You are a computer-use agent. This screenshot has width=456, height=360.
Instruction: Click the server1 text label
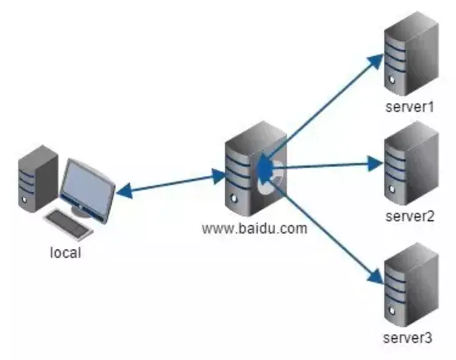[x=409, y=107]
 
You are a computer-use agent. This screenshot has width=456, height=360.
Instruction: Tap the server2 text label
[x=410, y=216]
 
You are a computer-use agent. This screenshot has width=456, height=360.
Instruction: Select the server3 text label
[x=408, y=338]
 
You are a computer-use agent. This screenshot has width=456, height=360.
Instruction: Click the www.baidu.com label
[x=255, y=229]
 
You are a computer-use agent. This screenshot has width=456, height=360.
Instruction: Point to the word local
[x=66, y=252]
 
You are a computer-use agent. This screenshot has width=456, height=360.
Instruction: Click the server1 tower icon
[x=411, y=54]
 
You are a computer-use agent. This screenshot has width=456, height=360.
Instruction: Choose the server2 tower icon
[x=411, y=164]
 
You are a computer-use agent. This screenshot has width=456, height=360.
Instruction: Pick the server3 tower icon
[x=411, y=285]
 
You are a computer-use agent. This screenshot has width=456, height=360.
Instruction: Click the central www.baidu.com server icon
[x=256, y=168]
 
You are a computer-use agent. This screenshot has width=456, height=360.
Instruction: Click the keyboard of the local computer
[x=69, y=225]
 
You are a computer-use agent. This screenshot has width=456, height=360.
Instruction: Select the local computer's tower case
[x=38, y=179]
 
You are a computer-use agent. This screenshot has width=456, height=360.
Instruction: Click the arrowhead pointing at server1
[x=375, y=60]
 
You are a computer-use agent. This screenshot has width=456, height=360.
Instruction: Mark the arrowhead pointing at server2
[x=376, y=164]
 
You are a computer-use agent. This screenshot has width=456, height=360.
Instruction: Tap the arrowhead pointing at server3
[x=376, y=276]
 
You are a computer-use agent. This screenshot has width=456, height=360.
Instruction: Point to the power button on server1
[x=392, y=80]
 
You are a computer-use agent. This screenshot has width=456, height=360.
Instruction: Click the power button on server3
[x=392, y=311]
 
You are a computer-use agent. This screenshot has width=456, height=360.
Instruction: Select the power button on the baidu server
[x=234, y=199]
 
